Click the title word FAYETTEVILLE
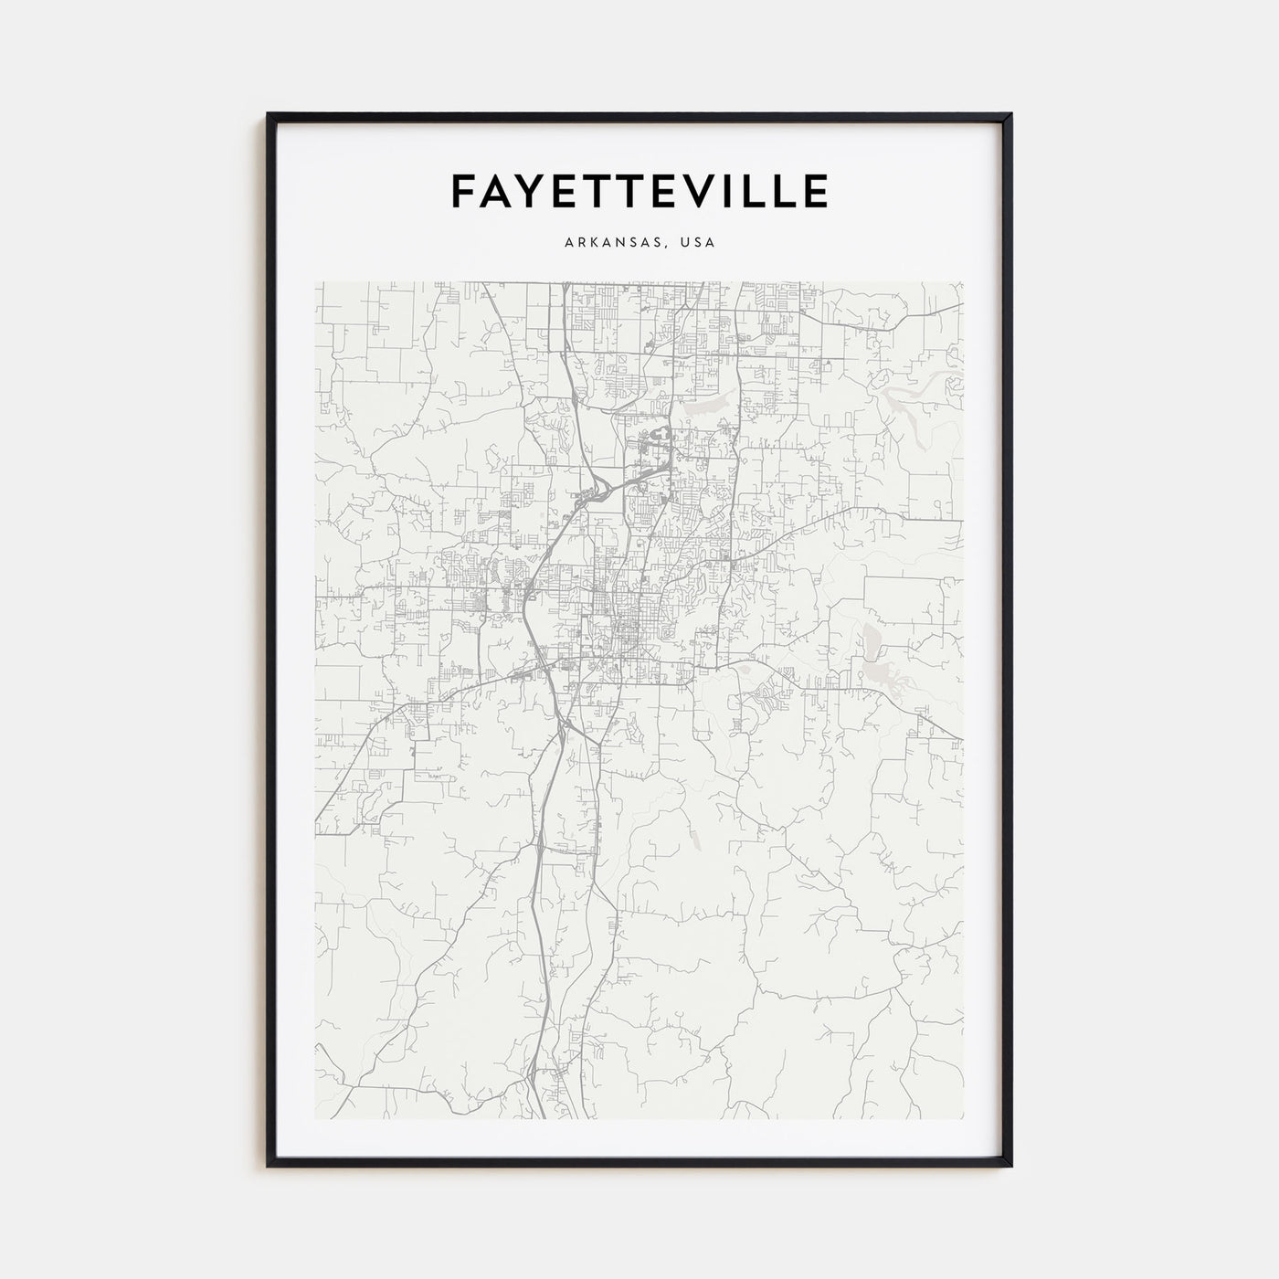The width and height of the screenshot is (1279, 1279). (x=639, y=191)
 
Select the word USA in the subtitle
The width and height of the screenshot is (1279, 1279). (x=698, y=243)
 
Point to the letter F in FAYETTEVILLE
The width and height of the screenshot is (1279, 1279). (x=462, y=191)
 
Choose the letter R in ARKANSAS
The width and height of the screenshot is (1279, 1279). (x=582, y=243)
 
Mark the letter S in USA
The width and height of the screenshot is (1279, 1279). (x=698, y=243)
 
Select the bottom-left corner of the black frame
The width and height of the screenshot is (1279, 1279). (x=268, y=1167)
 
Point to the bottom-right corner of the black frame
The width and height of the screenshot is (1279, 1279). (x=1011, y=1167)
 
